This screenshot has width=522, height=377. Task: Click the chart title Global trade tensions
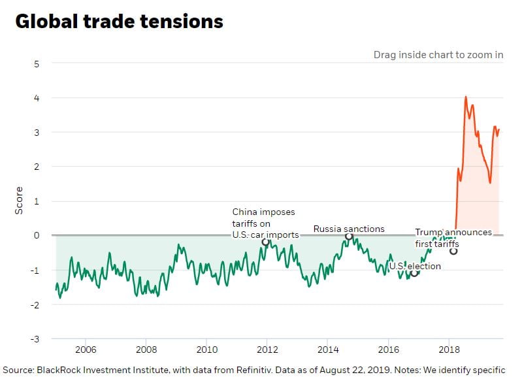point(119,22)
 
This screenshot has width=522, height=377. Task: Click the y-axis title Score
point(19,200)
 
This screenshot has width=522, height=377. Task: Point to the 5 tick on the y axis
point(37,63)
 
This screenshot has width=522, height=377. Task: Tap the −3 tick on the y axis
point(35,339)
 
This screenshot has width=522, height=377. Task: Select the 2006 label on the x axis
point(86,350)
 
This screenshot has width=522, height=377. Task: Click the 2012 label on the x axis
point(267,350)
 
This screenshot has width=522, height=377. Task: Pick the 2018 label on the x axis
point(449,350)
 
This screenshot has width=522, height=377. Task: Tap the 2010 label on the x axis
point(206,350)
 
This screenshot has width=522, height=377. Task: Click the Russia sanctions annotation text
point(349,229)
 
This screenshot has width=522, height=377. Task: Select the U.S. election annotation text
point(415,266)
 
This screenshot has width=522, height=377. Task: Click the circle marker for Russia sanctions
point(349,236)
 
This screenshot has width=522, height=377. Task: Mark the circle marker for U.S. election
point(414,272)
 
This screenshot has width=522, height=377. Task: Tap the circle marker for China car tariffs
point(265,242)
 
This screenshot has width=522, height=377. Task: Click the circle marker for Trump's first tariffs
point(453,251)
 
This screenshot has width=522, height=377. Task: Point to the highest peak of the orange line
point(466,97)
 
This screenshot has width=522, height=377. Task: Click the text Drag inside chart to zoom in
point(438,54)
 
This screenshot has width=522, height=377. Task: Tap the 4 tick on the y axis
point(37,98)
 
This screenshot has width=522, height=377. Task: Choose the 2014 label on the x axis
point(328,350)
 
